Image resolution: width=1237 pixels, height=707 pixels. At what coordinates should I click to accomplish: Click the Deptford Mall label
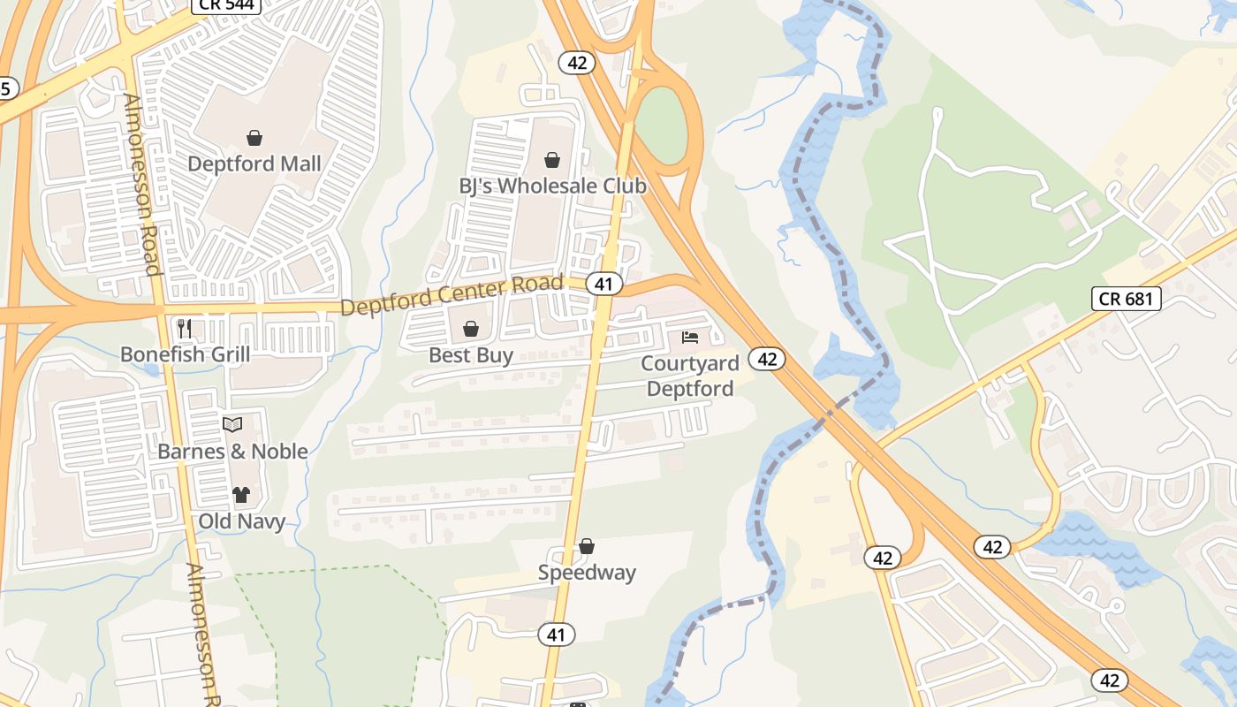pyautogui.click(x=254, y=164)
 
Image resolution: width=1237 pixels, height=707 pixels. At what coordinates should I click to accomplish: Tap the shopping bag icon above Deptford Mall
pyautogui.click(x=254, y=138)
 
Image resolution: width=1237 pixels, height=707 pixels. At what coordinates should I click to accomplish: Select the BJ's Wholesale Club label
pyautogui.click(x=552, y=186)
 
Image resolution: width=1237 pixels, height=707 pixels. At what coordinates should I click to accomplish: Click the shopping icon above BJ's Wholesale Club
pyautogui.click(x=552, y=160)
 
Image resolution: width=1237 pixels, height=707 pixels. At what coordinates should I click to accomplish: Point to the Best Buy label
pyautogui.click(x=471, y=355)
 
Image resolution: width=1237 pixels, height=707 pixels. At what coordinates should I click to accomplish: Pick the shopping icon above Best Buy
pyautogui.click(x=471, y=329)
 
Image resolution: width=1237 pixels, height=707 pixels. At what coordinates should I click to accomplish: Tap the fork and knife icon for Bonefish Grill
pyautogui.click(x=185, y=329)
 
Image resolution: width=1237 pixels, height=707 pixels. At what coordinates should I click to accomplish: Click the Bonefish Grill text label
pyautogui.click(x=185, y=355)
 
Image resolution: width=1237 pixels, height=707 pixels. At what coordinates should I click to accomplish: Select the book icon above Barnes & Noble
pyautogui.click(x=232, y=425)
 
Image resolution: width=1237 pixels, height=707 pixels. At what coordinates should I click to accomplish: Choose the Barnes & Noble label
pyautogui.click(x=232, y=452)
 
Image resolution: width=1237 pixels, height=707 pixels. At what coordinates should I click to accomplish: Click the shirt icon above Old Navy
pyautogui.click(x=241, y=495)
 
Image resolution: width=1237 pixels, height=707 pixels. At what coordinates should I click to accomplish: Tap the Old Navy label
pyautogui.click(x=241, y=521)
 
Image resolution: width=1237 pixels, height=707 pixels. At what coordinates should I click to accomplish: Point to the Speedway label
pyautogui.click(x=587, y=573)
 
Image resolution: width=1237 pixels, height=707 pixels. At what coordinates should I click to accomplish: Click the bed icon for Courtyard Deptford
pyautogui.click(x=690, y=338)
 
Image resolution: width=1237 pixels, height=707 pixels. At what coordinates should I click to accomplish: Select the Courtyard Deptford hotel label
pyautogui.click(x=689, y=376)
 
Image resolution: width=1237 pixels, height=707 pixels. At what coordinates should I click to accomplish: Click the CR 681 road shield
pyautogui.click(x=1126, y=299)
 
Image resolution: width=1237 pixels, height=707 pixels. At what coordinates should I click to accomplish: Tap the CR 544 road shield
pyautogui.click(x=217, y=5)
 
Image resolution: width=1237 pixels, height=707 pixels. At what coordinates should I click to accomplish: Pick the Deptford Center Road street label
pyautogui.click(x=452, y=295)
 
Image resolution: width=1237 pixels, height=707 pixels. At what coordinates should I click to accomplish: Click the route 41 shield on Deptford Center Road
pyautogui.click(x=603, y=284)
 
